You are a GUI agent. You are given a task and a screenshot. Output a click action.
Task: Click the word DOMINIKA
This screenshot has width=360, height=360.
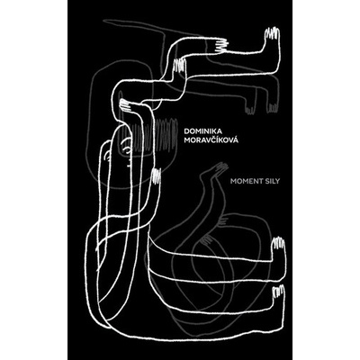[205, 131]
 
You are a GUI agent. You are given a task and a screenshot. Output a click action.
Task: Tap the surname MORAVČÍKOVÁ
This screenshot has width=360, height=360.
[212, 140]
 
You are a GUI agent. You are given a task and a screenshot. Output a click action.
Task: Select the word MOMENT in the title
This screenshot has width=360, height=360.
[242, 181]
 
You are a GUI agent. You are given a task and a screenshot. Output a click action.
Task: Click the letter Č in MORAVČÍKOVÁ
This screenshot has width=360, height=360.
[213, 139]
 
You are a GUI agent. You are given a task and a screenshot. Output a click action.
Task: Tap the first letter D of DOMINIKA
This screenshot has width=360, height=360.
[188, 132]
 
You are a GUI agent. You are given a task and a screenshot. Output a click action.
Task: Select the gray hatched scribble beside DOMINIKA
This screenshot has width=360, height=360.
[165, 133]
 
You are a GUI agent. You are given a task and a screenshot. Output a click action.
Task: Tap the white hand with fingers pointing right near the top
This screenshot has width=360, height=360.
[221, 46]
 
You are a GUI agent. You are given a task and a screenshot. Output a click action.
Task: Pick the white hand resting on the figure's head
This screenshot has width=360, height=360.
[127, 105]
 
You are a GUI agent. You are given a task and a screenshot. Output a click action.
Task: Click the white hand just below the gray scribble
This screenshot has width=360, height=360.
[157, 176]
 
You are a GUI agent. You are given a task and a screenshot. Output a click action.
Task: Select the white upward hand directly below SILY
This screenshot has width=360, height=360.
[278, 244]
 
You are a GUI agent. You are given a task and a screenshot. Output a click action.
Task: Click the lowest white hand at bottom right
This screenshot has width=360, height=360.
[277, 292]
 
